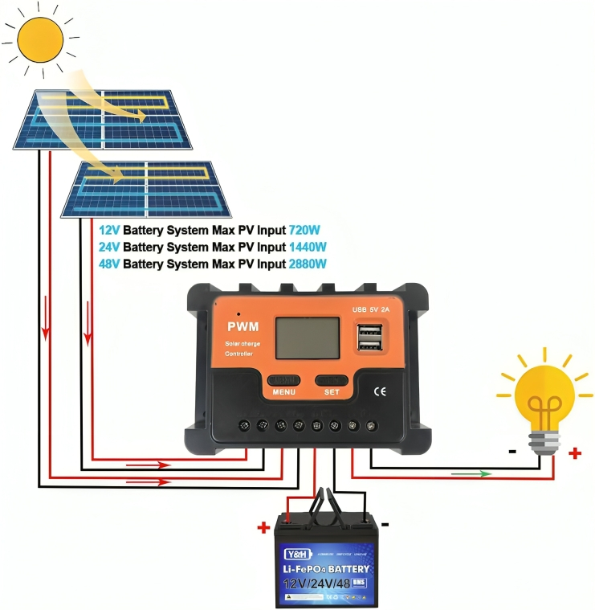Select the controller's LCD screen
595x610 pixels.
coord(308,338)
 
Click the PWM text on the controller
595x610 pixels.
coord(242,326)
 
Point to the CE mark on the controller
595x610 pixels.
coord(380,391)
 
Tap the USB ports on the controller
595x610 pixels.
coord(369,337)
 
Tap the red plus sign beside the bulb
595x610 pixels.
coord(575,452)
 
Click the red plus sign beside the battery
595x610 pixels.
coord(263,529)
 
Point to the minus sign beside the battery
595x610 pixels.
coord(385,524)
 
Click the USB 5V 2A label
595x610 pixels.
coord(370,309)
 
